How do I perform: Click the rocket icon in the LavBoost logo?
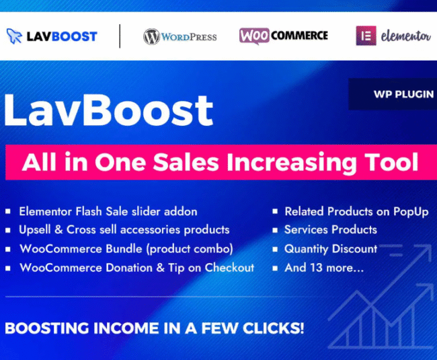pyautogui.click(x=14, y=36)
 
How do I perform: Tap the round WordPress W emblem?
pyautogui.click(x=151, y=36)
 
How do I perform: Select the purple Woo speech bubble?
pyautogui.click(x=254, y=36)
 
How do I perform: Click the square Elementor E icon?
pyautogui.click(x=366, y=36)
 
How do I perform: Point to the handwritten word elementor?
pyautogui.click(x=405, y=36)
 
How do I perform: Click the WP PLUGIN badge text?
pyautogui.click(x=403, y=94)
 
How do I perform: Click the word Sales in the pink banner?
pyautogui.click(x=186, y=161)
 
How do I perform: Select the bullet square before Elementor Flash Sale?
pyautogui.click(x=8, y=211)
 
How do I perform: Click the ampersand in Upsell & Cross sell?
pyautogui.click(x=58, y=229)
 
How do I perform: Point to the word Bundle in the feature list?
pyautogui.click(x=124, y=248)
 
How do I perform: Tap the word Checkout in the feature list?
pyautogui.click(x=229, y=268)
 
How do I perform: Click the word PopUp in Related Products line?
pyautogui.click(x=411, y=212)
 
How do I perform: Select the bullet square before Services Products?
pyautogui.click(x=275, y=230)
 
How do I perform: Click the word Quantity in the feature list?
pyautogui.click(x=306, y=249)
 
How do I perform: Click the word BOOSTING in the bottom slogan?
pyautogui.click(x=47, y=328)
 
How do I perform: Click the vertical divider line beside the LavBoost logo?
pyautogui.click(x=120, y=36)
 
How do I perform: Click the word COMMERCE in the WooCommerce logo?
pyautogui.click(x=299, y=36)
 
